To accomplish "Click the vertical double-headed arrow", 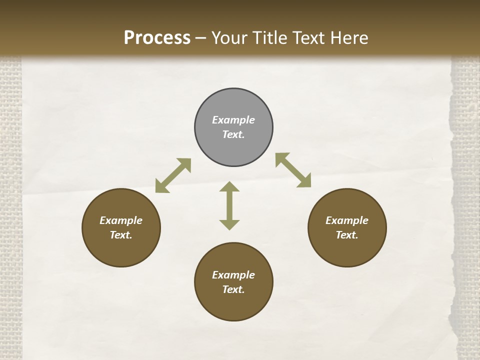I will (x=229, y=205).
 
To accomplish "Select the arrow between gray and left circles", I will (x=173, y=175).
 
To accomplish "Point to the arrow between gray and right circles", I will (x=293, y=170).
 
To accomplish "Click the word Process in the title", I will (x=157, y=38).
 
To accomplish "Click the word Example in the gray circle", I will (x=233, y=120).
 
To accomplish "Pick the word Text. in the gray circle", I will (x=233, y=134).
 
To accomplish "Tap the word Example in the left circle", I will (x=121, y=220).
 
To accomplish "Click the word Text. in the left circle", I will (x=121, y=235).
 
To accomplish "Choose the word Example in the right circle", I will (x=347, y=220).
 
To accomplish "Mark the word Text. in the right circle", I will (x=347, y=235).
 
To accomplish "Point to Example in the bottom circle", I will (x=233, y=275).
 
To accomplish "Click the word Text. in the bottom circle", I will (x=233, y=289).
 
